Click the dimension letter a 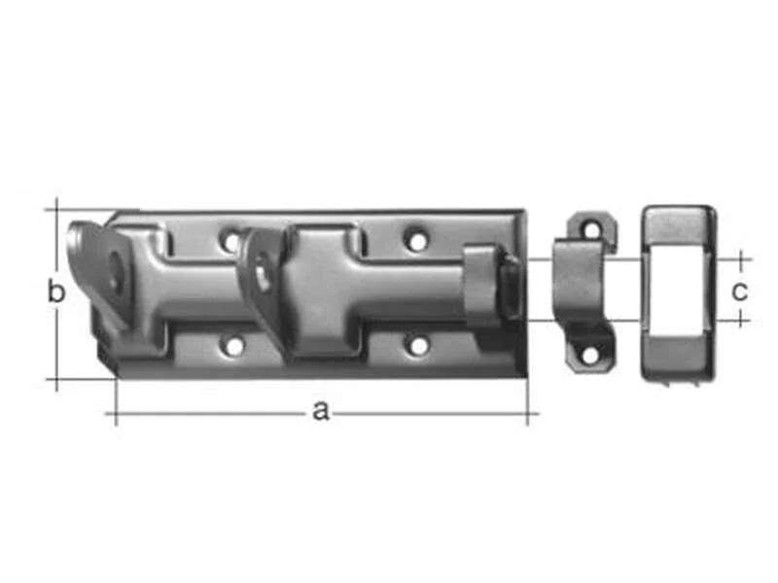coord(321,411)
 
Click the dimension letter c coord(739,291)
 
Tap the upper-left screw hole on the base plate coord(231,241)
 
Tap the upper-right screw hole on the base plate coord(417,240)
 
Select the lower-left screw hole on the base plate coord(234,347)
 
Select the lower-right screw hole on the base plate coord(419,346)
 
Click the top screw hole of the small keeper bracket coord(592,229)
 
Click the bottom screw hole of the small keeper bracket coord(590,355)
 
